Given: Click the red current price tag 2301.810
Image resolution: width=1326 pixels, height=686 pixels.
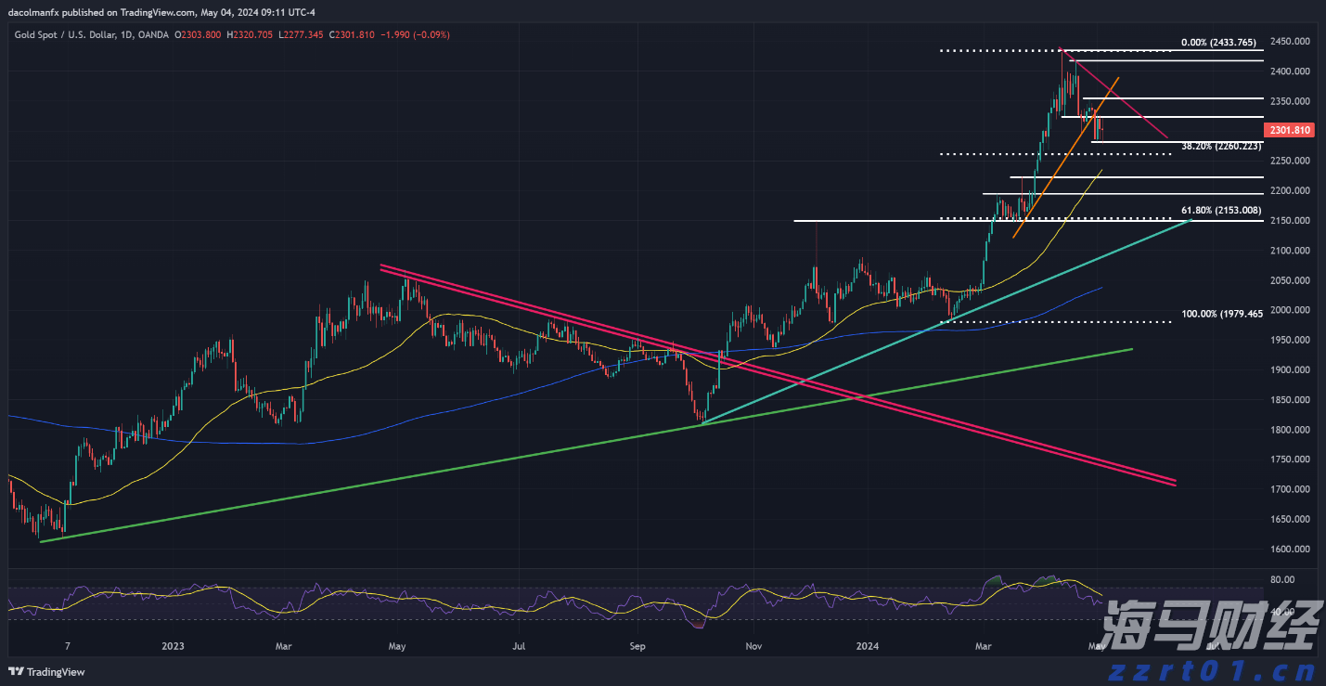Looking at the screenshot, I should [1291, 131].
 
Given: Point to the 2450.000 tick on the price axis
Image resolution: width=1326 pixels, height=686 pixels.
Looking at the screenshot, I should [1291, 42].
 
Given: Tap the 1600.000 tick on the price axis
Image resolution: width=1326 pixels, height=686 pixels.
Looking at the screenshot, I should [1291, 549].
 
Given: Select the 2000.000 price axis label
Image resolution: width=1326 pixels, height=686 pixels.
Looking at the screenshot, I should [1291, 310].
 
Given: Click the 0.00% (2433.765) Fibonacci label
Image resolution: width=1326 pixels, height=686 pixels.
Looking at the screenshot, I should [1217, 43].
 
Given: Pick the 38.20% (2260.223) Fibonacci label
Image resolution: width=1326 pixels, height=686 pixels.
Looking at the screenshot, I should [1221, 147].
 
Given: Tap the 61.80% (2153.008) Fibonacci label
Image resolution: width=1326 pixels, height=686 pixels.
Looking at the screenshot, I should [1221, 211].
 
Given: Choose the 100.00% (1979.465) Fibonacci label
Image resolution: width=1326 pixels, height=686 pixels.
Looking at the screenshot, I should [1222, 315].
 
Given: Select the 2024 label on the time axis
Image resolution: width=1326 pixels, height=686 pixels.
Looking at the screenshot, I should [868, 645].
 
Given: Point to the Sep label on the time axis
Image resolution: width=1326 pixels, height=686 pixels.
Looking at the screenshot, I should [637, 645].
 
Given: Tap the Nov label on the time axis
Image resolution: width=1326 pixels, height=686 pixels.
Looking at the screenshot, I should [753, 645].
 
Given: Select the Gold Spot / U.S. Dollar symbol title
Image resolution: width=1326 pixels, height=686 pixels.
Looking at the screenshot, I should [66, 34].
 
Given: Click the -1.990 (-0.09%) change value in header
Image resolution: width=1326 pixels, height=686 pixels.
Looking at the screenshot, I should [418, 34].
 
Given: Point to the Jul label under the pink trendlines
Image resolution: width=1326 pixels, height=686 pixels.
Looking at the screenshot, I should [520, 645].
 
